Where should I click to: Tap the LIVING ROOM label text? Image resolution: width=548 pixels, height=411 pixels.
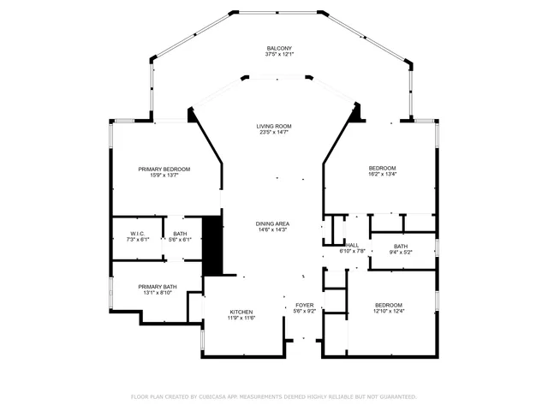tap(274, 126)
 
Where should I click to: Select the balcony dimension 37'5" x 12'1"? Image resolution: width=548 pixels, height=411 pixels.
tap(279, 54)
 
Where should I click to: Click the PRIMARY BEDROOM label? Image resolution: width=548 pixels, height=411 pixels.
tap(164, 170)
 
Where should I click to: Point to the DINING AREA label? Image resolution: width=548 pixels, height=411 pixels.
tap(272, 223)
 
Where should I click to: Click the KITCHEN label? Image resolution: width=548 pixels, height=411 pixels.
tap(241, 312)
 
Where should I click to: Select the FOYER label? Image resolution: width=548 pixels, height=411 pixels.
tap(305, 305)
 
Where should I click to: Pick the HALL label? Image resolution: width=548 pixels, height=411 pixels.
tap(352, 245)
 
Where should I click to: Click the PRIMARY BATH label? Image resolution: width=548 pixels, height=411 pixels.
tap(158, 287)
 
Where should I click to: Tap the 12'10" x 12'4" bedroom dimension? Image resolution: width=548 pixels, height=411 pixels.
tap(389, 311)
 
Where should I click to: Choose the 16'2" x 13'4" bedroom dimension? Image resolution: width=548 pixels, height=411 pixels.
tap(383, 174)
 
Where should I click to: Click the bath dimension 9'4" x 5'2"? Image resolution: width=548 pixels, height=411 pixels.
tap(401, 252)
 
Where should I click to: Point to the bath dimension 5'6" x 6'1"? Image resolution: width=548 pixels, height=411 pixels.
tap(180, 240)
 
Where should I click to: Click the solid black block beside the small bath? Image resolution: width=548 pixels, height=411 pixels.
tap(212, 246)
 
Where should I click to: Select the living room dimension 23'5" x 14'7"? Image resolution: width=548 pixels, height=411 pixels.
tap(274, 132)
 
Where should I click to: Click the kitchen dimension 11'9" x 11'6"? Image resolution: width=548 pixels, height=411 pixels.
tap(241, 318)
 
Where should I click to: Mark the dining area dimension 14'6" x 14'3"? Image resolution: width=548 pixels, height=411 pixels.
tap(272, 229)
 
